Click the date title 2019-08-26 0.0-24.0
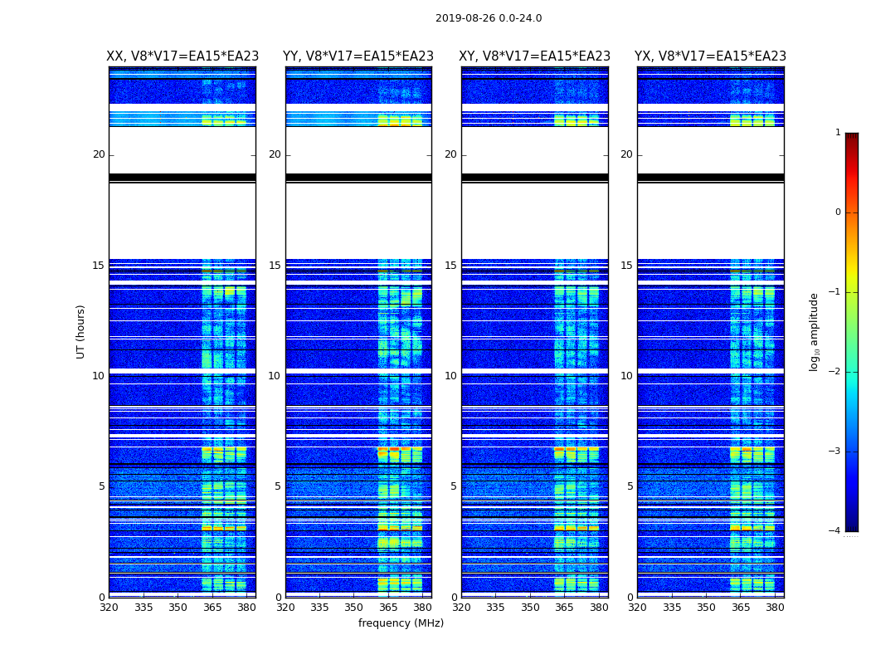[x=489, y=18]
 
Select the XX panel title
[x=182, y=56]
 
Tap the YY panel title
[x=358, y=56]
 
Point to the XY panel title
[x=535, y=56]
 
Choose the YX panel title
[x=710, y=56]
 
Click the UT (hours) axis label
[x=81, y=331]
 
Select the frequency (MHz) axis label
[x=401, y=623]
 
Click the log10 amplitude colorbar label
[x=815, y=331]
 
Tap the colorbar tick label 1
[x=837, y=133]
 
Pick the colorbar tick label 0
[x=837, y=212]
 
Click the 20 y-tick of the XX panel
[x=99, y=154]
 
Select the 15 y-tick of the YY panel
[x=275, y=266]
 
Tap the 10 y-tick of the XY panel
[x=450, y=376]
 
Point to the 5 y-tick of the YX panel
[x=630, y=486]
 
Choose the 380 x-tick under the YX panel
[x=775, y=608]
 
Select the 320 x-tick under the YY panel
[x=285, y=608]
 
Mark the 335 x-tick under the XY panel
[x=496, y=608]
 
